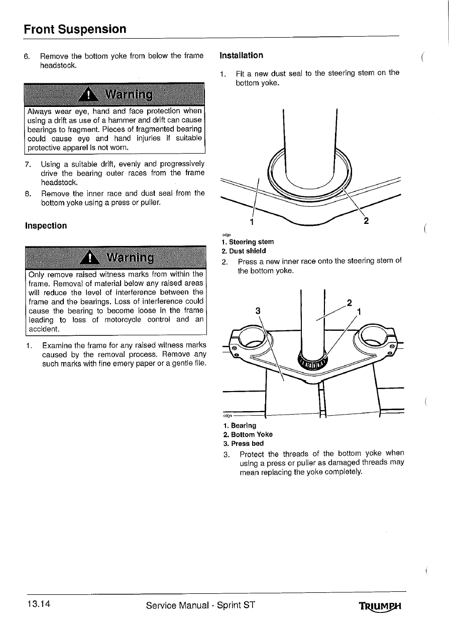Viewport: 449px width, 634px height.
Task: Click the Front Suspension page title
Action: pyautogui.click(x=75, y=29)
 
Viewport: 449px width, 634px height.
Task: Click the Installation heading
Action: pyautogui.click(x=241, y=55)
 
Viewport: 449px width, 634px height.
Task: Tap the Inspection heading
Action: pyautogui.click(x=46, y=226)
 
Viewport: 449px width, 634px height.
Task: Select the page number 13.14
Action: pyautogui.click(x=36, y=604)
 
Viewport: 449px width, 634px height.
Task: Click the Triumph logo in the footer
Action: pyautogui.click(x=381, y=606)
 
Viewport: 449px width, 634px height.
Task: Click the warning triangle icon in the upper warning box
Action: pyautogui.click(x=88, y=94)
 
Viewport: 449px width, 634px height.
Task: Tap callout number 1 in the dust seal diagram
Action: pyautogui.click(x=252, y=221)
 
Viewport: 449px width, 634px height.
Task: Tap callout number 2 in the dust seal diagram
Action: pyautogui.click(x=366, y=221)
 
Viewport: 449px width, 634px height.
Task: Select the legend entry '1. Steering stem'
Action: pyautogui.click(x=248, y=242)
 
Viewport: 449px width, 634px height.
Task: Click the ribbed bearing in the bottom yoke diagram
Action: pyautogui.click(x=311, y=361)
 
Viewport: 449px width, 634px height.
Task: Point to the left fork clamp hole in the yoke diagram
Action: pyautogui.click(x=254, y=341)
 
